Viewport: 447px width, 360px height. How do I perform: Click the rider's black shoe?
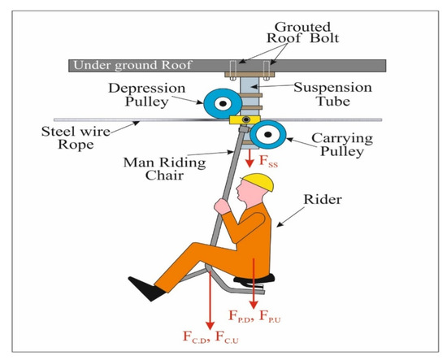(147, 287)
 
